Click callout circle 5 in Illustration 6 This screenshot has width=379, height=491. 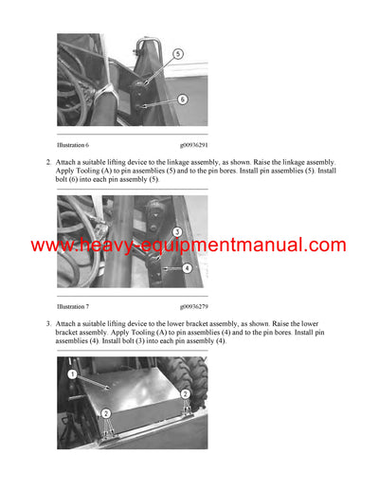pos(177,56)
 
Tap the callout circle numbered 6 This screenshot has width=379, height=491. pos(183,99)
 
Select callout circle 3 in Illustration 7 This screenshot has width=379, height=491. pos(177,231)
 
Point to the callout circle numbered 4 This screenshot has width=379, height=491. pos(187,268)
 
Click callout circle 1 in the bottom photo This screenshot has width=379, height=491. pos(71,375)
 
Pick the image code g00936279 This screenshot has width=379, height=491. pos(195,307)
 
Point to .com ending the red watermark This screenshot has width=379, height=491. pos(327,245)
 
